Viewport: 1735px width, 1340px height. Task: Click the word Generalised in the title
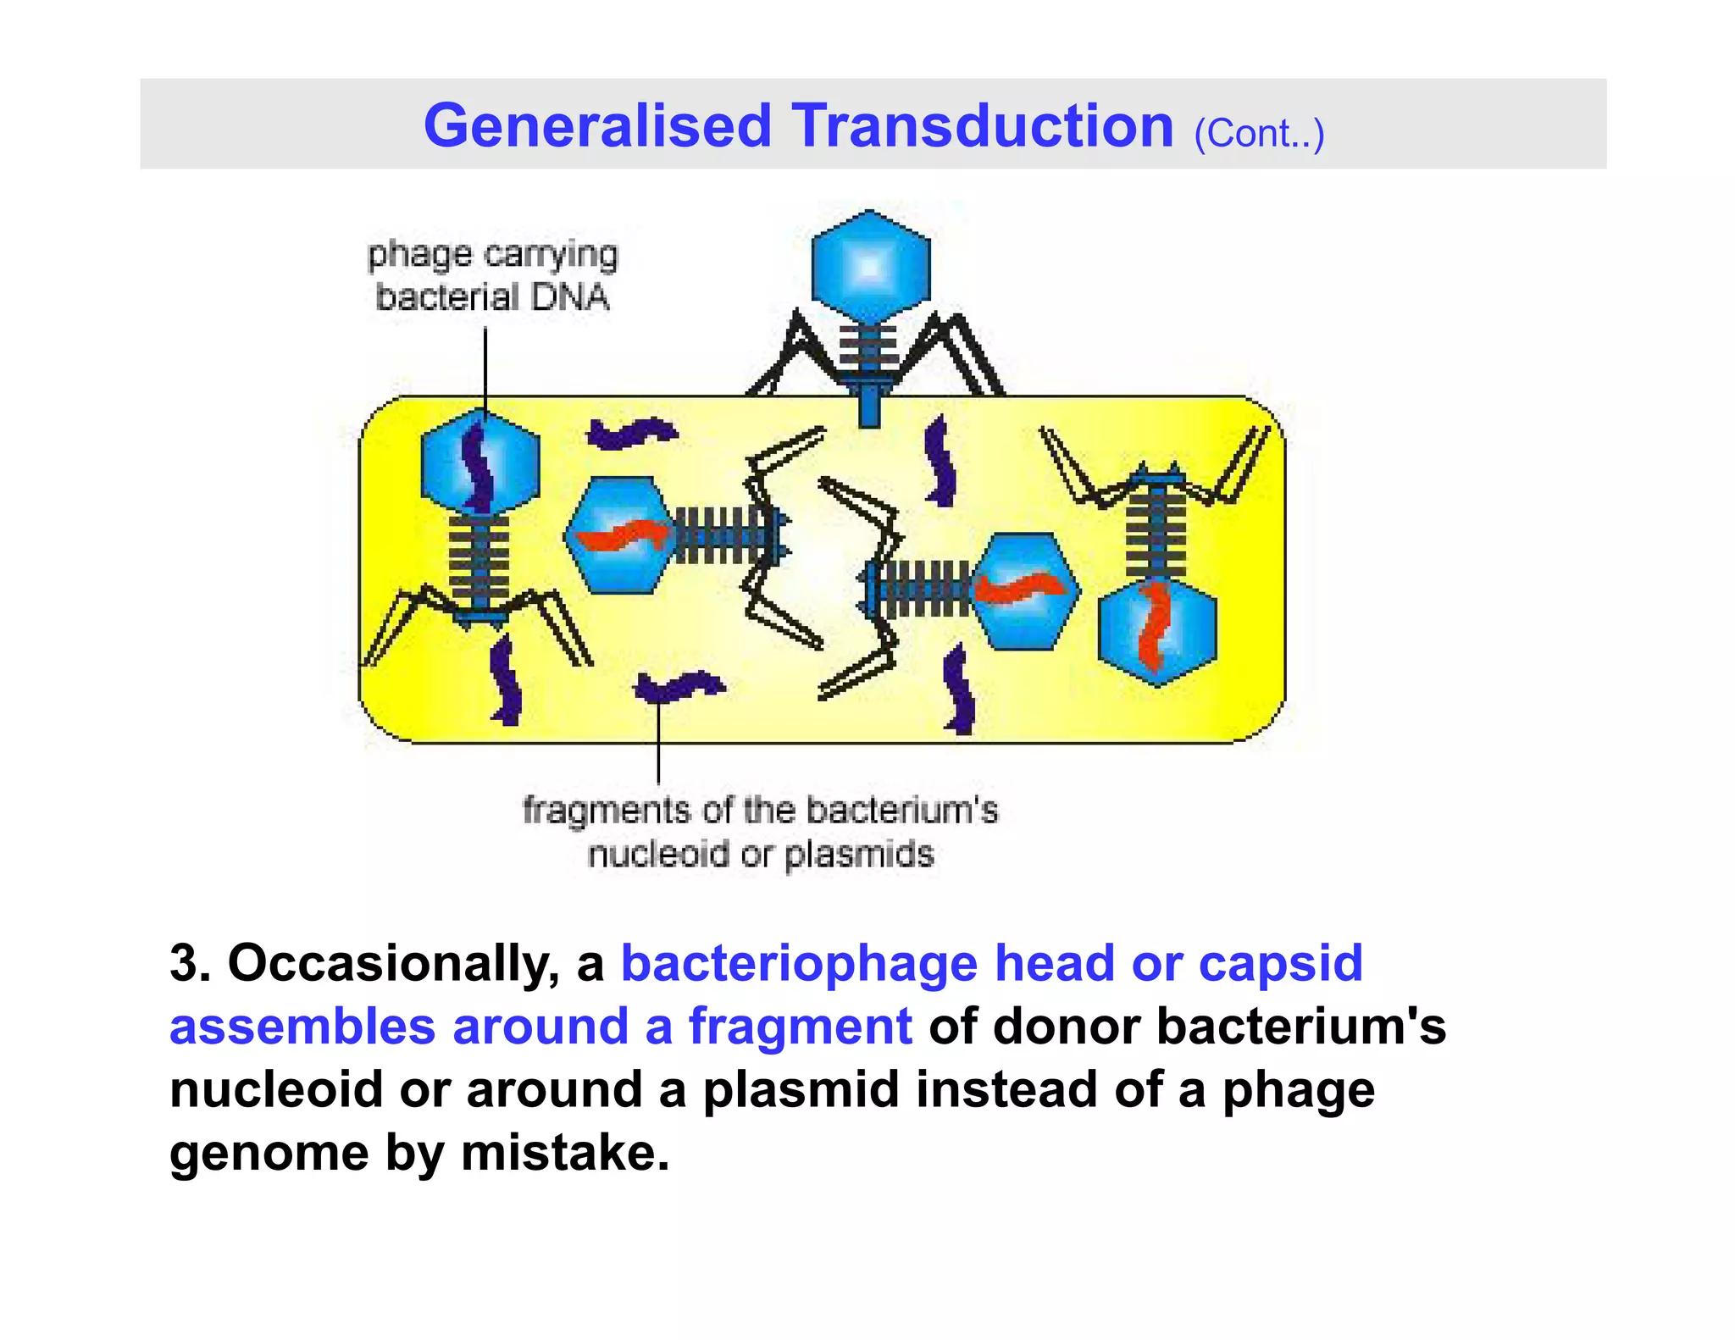point(597,127)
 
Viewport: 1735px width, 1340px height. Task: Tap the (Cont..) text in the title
point(1258,134)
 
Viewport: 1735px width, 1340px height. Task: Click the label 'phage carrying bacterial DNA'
point(492,276)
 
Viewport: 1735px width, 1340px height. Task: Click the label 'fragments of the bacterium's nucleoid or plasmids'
point(760,832)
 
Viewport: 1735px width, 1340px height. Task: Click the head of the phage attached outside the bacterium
point(870,267)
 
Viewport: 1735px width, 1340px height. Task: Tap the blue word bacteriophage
point(799,964)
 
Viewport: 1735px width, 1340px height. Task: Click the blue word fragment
point(801,1027)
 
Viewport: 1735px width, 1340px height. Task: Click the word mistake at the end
point(565,1153)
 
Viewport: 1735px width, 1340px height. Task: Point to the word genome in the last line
point(269,1153)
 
